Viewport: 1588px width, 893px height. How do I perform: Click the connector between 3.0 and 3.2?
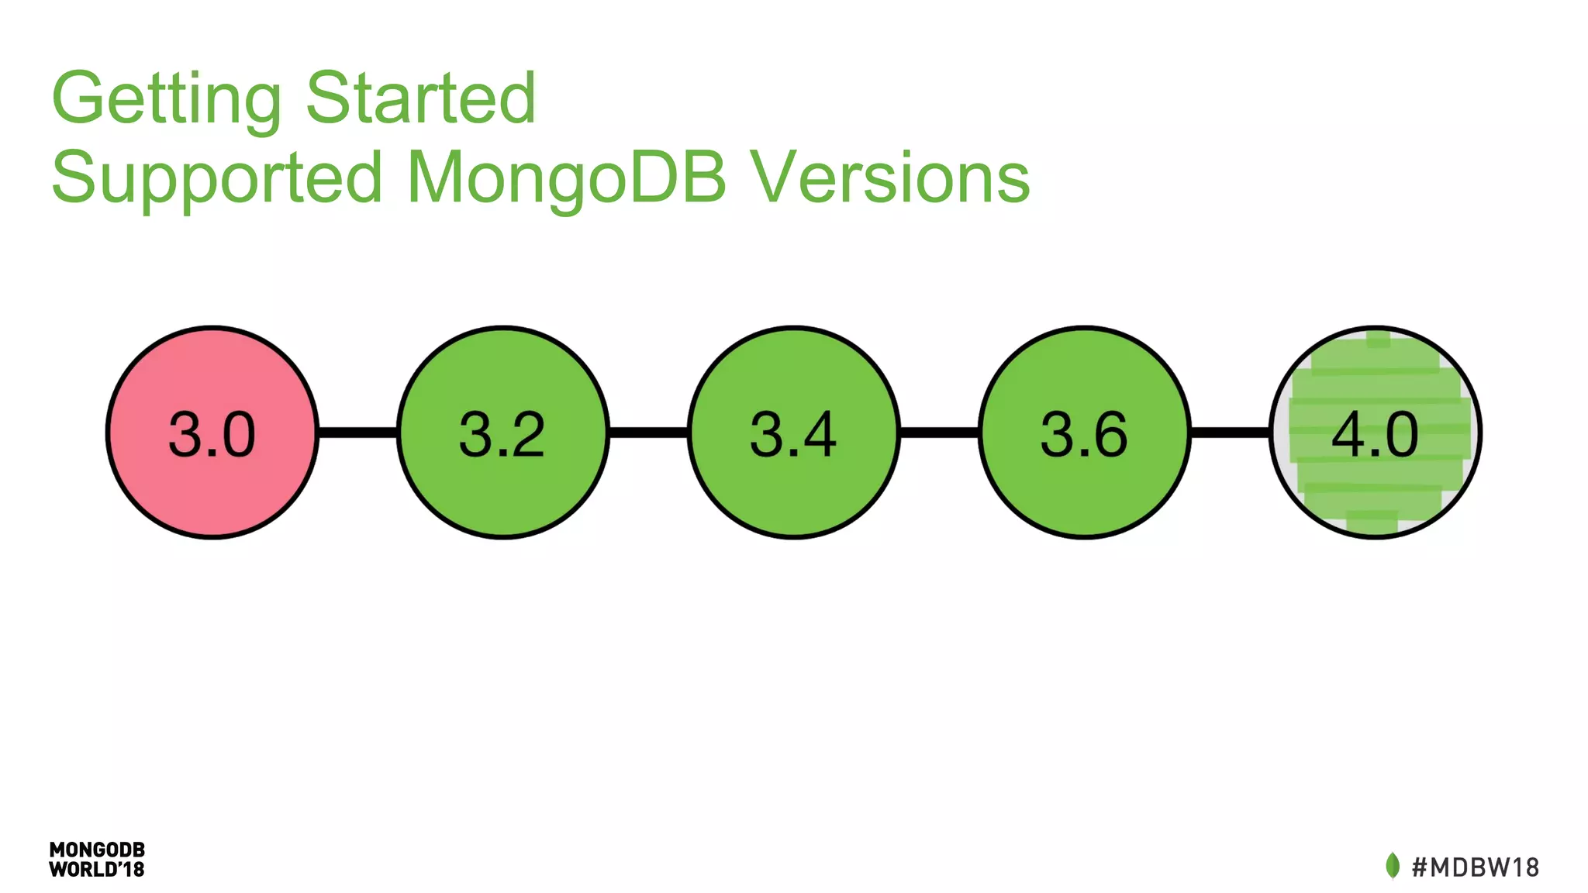coord(357,432)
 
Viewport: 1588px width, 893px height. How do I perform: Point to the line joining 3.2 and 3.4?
coord(648,432)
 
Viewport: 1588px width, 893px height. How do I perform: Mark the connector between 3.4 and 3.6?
coord(939,432)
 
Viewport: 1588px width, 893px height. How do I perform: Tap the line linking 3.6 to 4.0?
coord(1230,432)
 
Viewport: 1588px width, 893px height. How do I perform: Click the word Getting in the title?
coord(166,98)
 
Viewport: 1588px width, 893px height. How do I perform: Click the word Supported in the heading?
coord(217,178)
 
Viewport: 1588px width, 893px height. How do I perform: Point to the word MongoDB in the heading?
coord(566,178)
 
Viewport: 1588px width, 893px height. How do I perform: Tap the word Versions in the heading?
coord(892,178)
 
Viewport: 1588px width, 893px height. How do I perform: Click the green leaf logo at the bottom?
coord(1393,865)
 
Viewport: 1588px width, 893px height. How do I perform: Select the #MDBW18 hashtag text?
coord(1476,867)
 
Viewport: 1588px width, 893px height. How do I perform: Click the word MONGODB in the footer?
coord(97,850)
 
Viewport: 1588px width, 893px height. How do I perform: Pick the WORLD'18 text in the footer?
coord(97,870)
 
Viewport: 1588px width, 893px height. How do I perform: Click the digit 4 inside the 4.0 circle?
coord(1347,434)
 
